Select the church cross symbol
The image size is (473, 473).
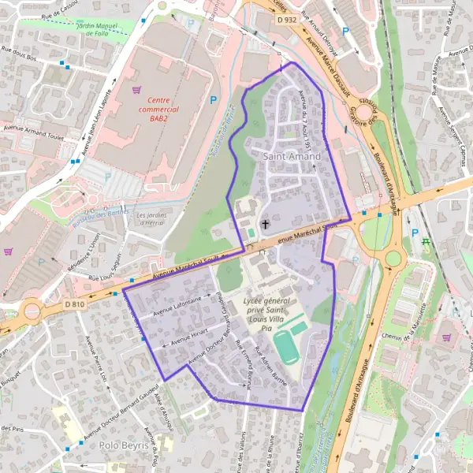pos(266,225)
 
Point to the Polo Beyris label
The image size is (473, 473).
pos(124,445)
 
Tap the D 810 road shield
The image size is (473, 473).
pos(74,304)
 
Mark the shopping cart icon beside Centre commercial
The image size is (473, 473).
pos(139,90)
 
